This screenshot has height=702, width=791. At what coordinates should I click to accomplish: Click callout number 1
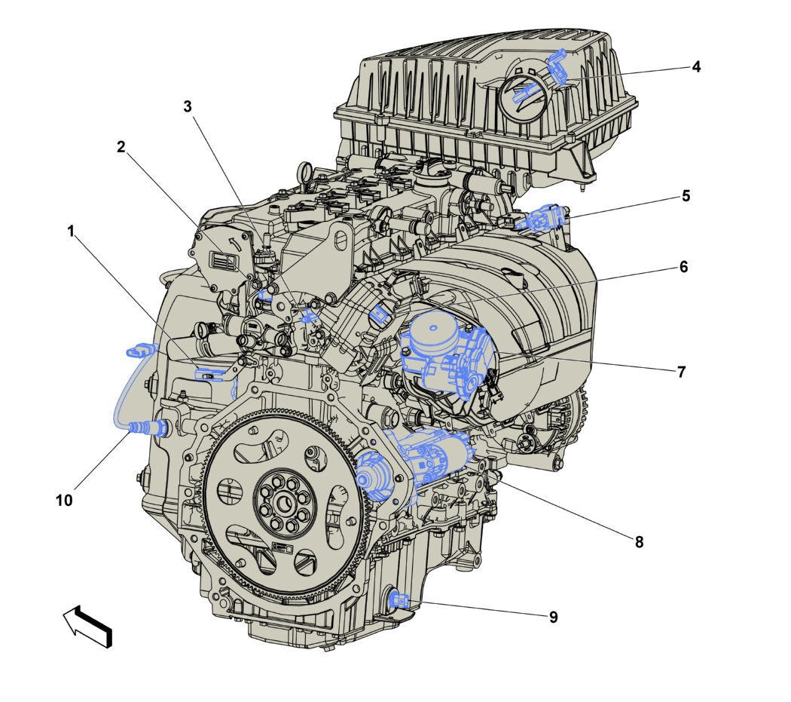click(x=71, y=231)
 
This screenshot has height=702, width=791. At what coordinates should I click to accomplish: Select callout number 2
click(x=121, y=147)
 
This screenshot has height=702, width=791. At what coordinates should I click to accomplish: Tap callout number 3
click(x=188, y=106)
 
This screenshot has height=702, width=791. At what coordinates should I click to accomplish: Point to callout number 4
click(x=696, y=66)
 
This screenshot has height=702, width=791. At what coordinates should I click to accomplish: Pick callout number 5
click(x=686, y=196)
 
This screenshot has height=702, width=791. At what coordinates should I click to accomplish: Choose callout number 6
click(x=683, y=267)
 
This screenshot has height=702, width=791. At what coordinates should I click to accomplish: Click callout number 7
click(x=682, y=372)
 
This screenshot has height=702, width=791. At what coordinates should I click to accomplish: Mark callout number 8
click(x=639, y=542)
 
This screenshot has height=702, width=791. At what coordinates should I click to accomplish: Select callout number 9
click(x=554, y=617)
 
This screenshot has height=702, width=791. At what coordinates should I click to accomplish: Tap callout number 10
click(x=64, y=501)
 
